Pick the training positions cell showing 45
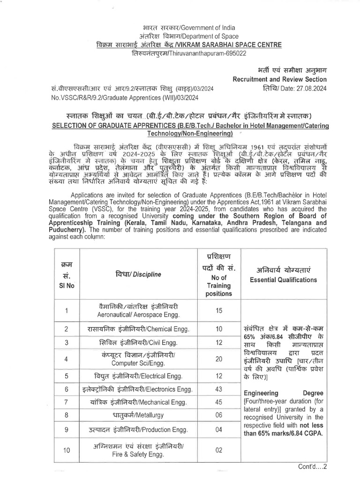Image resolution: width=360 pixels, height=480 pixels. click(219, 402)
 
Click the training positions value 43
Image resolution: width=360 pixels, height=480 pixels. click(219, 389)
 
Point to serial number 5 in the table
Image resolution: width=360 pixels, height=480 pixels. click(67, 375)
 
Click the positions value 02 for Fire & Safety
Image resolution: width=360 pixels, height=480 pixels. click(219, 450)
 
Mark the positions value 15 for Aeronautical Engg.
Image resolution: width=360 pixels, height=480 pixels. click(219, 311)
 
